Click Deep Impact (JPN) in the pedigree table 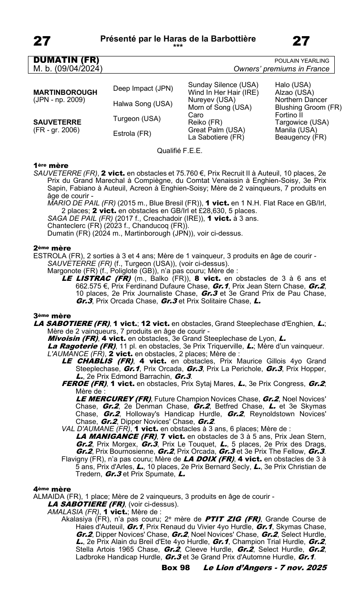(x=143, y=88)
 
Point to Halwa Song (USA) (x=143, y=103)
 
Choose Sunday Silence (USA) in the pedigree (x=223, y=85)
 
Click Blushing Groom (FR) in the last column (x=308, y=107)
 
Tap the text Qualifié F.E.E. (x=180, y=151)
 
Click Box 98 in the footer (x=175, y=567)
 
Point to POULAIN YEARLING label (x=302, y=61)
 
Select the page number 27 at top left (x=42, y=41)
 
